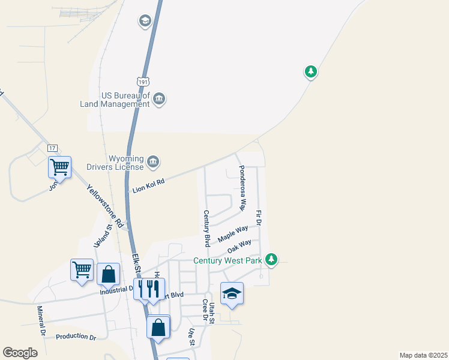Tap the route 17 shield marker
point(52,148)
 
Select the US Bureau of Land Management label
point(125,99)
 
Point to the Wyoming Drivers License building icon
point(153,161)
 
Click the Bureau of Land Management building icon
point(159,99)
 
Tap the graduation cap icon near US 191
point(145,22)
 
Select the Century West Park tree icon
point(272,259)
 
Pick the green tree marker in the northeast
point(310,73)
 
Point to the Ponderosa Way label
point(242,188)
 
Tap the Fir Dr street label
point(259,217)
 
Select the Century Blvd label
point(206,228)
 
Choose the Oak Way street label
point(239,247)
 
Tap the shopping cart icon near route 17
point(59,167)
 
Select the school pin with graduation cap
point(232,293)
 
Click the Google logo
point(20,353)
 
